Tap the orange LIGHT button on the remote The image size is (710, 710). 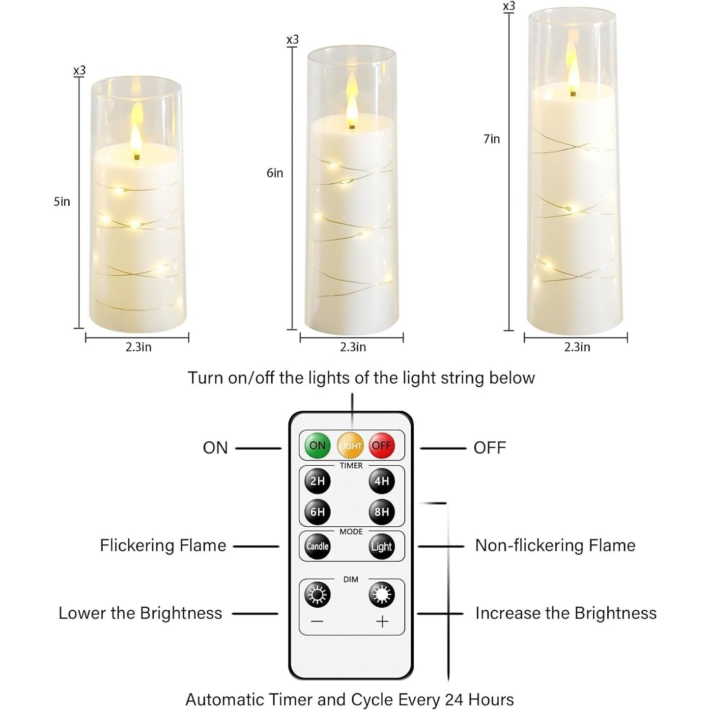coord(350,446)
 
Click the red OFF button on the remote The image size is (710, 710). coord(382,446)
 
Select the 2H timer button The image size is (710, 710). coord(317,481)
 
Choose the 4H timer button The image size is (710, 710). coord(382,481)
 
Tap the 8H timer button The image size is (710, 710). coord(382,511)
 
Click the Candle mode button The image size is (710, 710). coord(317,546)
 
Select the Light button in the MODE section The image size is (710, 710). coord(382,546)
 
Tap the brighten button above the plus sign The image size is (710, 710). coord(382,595)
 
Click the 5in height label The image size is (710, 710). coord(62,201)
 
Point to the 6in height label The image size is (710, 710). coord(275,173)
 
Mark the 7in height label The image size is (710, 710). coord(491,139)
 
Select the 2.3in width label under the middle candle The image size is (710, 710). coord(353,347)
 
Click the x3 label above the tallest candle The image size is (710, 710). coord(509,6)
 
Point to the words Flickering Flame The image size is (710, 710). coord(163,545)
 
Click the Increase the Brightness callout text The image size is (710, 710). coord(566,613)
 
